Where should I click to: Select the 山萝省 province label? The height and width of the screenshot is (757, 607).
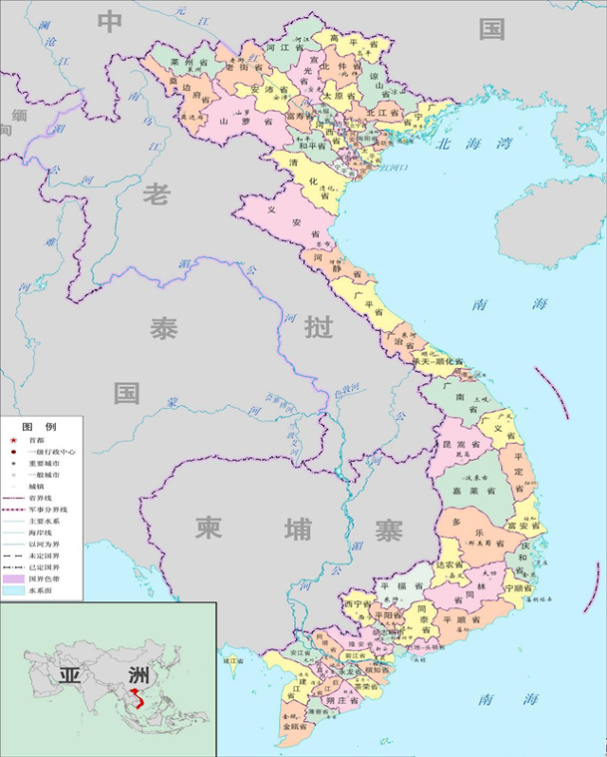(x=233, y=121)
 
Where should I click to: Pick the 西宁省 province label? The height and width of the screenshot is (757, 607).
(x=358, y=603)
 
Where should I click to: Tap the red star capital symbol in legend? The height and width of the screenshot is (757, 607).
(x=12, y=441)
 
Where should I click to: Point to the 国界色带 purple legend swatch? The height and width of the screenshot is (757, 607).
(x=13, y=577)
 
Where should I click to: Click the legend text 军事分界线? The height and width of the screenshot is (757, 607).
(x=47, y=509)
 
